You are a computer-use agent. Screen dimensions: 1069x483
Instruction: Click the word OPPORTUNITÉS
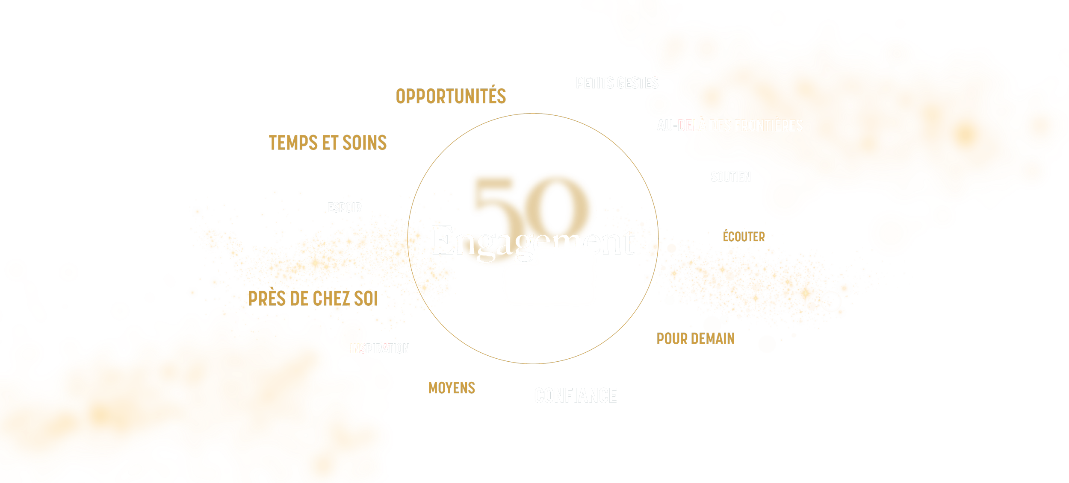pyautogui.click(x=451, y=97)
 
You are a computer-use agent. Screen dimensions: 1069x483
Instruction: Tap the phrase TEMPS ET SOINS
pyautogui.click(x=328, y=143)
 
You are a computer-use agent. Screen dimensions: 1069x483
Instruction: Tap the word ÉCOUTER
pyautogui.click(x=744, y=237)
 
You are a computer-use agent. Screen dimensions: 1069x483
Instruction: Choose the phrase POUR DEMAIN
pyautogui.click(x=695, y=339)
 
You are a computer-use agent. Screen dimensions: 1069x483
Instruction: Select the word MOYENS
pyautogui.click(x=452, y=388)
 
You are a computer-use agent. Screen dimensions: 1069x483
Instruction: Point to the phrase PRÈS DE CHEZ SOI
pyautogui.click(x=313, y=299)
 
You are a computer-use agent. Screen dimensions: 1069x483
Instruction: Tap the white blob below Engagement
pyautogui.click(x=549, y=280)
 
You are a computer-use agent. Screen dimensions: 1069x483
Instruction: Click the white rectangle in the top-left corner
pyautogui.click(x=133, y=79)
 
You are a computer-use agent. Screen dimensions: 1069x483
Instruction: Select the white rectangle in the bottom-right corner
pyautogui.click(x=896, y=436)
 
